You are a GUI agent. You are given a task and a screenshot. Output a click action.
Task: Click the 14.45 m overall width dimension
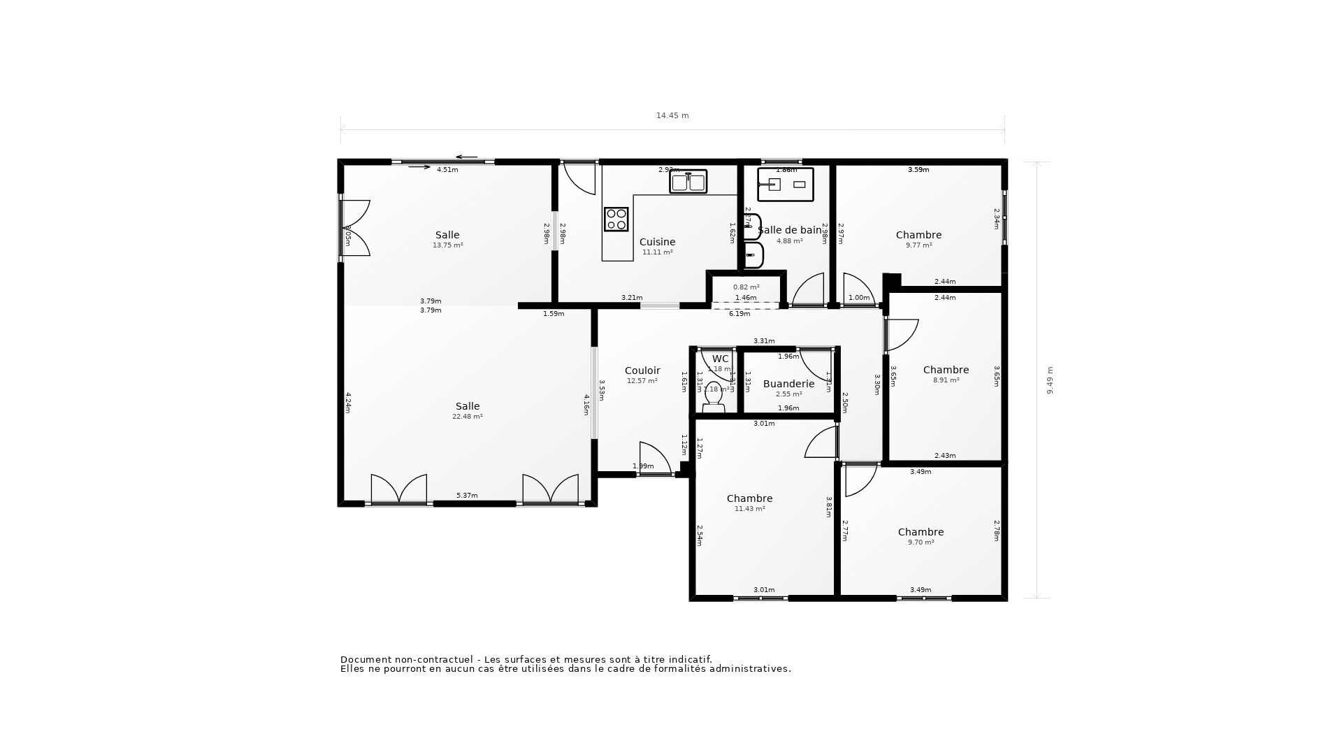[672, 116]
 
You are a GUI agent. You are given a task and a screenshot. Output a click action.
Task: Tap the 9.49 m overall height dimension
[1050, 380]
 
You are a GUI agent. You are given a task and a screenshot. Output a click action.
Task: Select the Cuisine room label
[657, 242]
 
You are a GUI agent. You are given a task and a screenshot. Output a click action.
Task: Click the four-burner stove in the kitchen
[616, 220]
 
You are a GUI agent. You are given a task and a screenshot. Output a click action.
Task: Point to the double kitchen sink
[688, 182]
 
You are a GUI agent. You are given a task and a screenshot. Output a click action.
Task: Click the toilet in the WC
[713, 397]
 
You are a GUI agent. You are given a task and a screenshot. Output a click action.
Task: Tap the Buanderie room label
[788, 384]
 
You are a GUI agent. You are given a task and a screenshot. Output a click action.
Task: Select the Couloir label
[642, 371]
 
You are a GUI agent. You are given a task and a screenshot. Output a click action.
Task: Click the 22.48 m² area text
[468, 417]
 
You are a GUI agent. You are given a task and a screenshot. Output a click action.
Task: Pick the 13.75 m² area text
[447, 245]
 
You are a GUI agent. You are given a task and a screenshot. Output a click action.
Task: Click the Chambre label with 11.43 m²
[749, 498]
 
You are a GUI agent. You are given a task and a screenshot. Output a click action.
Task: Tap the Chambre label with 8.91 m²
[946, 370]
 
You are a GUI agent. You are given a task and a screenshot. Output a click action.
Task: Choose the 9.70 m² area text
[921, 542]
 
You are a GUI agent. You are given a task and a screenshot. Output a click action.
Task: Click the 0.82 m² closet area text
[746, 287]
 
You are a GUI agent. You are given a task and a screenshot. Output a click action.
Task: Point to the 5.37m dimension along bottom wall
[467, 496]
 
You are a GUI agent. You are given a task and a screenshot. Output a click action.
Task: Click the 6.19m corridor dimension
[739, 314]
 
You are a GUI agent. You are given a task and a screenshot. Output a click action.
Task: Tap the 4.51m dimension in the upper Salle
[447, 170]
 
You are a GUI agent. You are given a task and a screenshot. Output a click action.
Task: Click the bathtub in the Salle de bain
[786, 185]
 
